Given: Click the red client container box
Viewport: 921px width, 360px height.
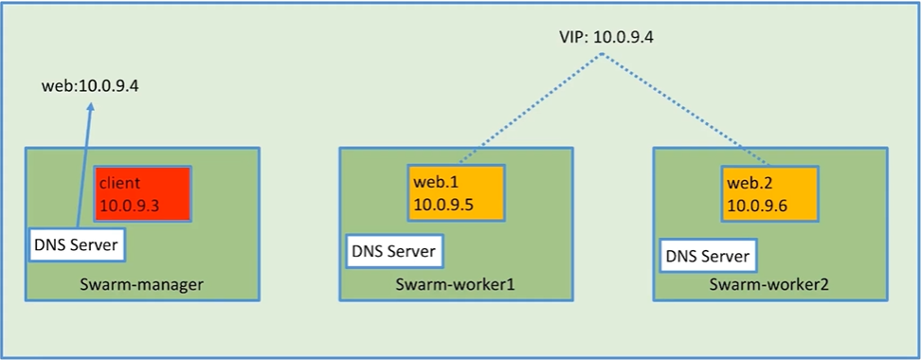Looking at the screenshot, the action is pyautogui.click(x=143, y=194).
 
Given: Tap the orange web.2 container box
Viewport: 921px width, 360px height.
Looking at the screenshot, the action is pyautogui.click(x=770, y=194).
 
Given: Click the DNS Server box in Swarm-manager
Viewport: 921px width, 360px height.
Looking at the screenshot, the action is pyautogui.click(x=78, y=245).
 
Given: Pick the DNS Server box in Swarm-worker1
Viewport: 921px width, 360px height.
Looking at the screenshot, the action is pyautogui.click(x=393, y=251).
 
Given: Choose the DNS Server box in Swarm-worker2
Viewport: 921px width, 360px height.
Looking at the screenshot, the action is pyautogui.click(x=707, y=256).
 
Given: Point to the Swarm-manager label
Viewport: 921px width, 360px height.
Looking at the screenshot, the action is pyautogui.click(x=141, y=285).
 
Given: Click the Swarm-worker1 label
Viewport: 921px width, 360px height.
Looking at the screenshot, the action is pyautogui.click(x=455, y=285).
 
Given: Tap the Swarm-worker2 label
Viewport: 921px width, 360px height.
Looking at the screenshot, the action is pyautogui.click(x=769, y=285).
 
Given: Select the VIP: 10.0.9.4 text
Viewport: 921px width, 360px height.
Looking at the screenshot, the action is pyautogui.click(x=605, y=38).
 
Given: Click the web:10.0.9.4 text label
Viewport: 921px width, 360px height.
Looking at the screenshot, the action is pyautogui.click(x=90, y=87).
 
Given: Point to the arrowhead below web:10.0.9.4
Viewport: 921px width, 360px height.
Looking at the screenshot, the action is pyautogui.click(x=90, y=106).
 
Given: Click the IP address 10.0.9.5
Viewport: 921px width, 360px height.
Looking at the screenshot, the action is pyautogui.click(x=443, y=205).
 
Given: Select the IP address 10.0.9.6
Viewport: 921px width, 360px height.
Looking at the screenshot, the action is pyautogui.click(x=757, y=206).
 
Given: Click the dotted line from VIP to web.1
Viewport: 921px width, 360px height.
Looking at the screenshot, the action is pyautogui.click(x=530, y=109).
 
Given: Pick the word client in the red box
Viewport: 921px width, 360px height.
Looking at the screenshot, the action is pyautogui.click(x=119, y=183).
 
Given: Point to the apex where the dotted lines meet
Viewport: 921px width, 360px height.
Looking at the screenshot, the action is pyautogui.click(x=603, y=55).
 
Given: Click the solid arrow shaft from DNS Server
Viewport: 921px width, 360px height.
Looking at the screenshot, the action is pyautogui.click(x=84, y=166).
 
